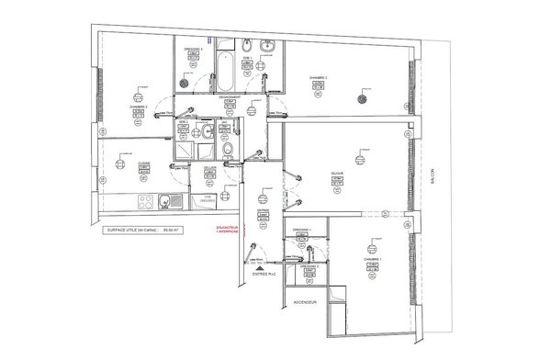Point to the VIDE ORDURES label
(208, 197)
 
